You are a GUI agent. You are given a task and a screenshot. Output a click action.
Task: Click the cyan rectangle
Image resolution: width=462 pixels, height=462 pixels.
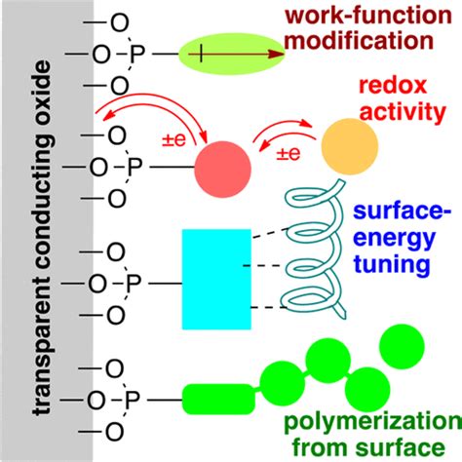point(215,278)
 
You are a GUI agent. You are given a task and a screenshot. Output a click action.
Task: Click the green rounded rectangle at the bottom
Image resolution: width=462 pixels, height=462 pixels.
point(216,398)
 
